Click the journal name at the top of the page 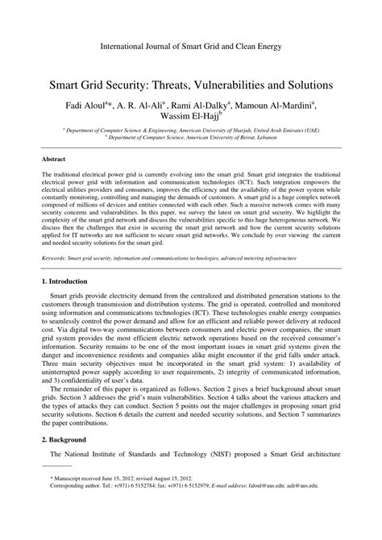(190, 47)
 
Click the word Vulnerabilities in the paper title (230, 84)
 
